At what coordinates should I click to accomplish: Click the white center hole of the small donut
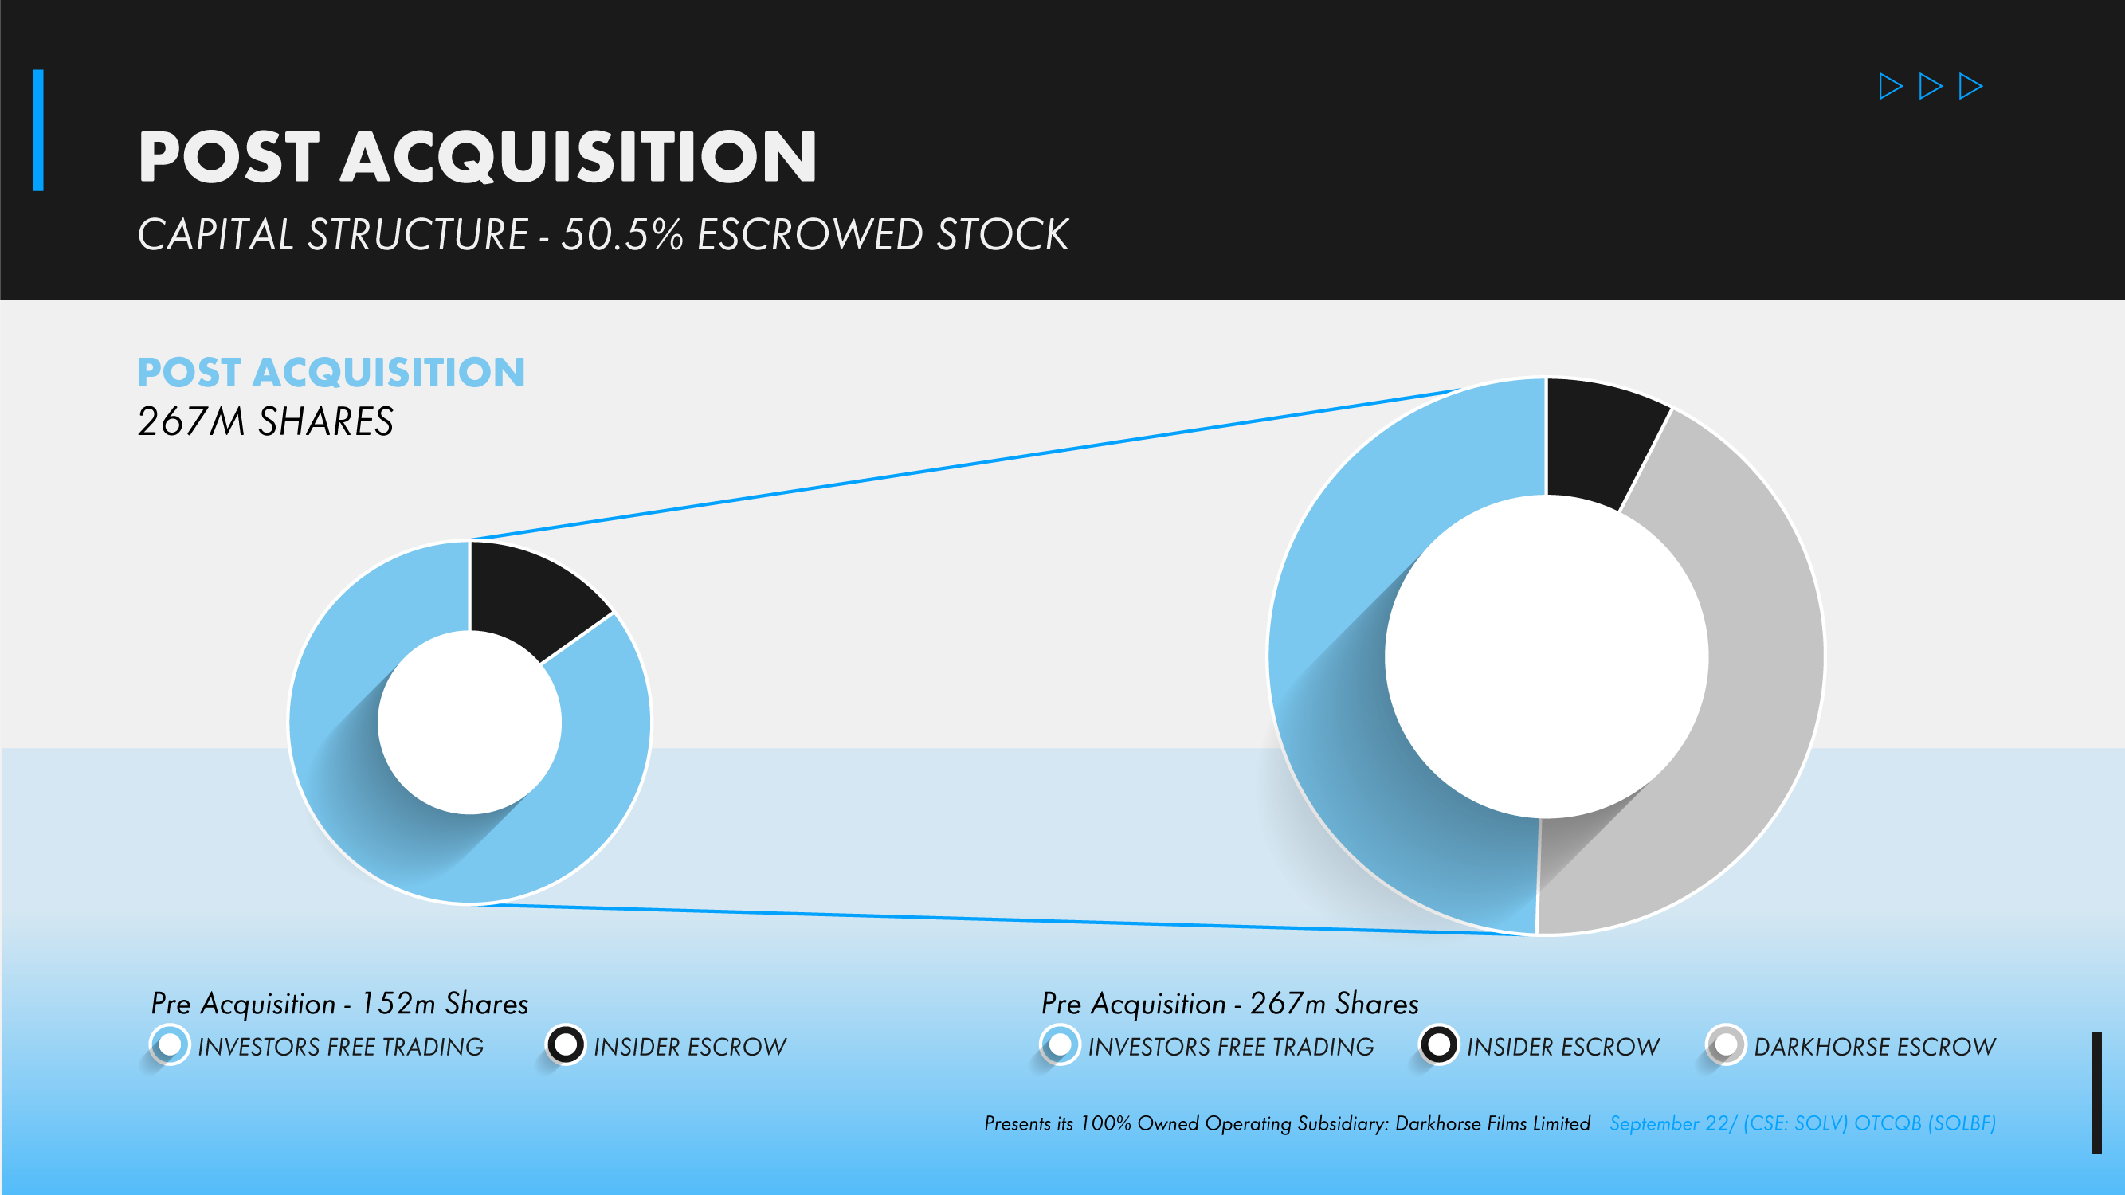469,723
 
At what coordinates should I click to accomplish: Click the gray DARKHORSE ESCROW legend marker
1725,1045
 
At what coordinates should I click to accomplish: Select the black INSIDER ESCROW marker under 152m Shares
566,1045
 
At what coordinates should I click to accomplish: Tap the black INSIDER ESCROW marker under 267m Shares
1439,1045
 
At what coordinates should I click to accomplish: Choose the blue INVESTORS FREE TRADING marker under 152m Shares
169,1045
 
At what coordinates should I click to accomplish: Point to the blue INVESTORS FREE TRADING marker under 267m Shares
1060,1045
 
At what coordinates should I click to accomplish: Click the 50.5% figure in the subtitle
623,234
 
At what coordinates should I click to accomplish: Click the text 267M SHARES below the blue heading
265,421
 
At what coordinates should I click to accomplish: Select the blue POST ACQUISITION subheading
331,372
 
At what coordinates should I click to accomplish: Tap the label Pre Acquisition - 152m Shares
339,1004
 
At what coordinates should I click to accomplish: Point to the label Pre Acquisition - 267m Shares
1229,1004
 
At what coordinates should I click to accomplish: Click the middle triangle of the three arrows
1930,86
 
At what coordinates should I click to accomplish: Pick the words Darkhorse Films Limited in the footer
1492,1123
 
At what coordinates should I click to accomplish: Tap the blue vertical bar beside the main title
38,131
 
